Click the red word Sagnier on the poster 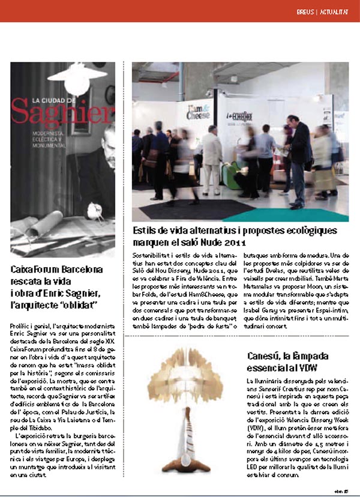click(x=62, y=111)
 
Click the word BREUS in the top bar click(x=306, y=11)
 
